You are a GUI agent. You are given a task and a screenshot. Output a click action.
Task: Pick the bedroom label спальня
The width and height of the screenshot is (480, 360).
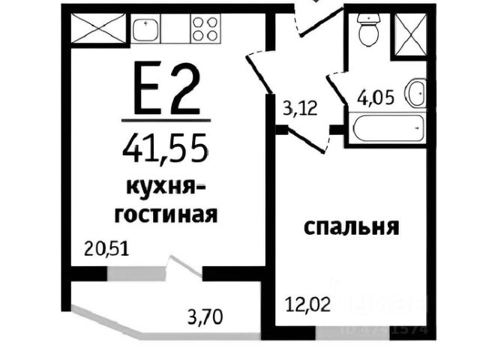click(349, 227)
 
